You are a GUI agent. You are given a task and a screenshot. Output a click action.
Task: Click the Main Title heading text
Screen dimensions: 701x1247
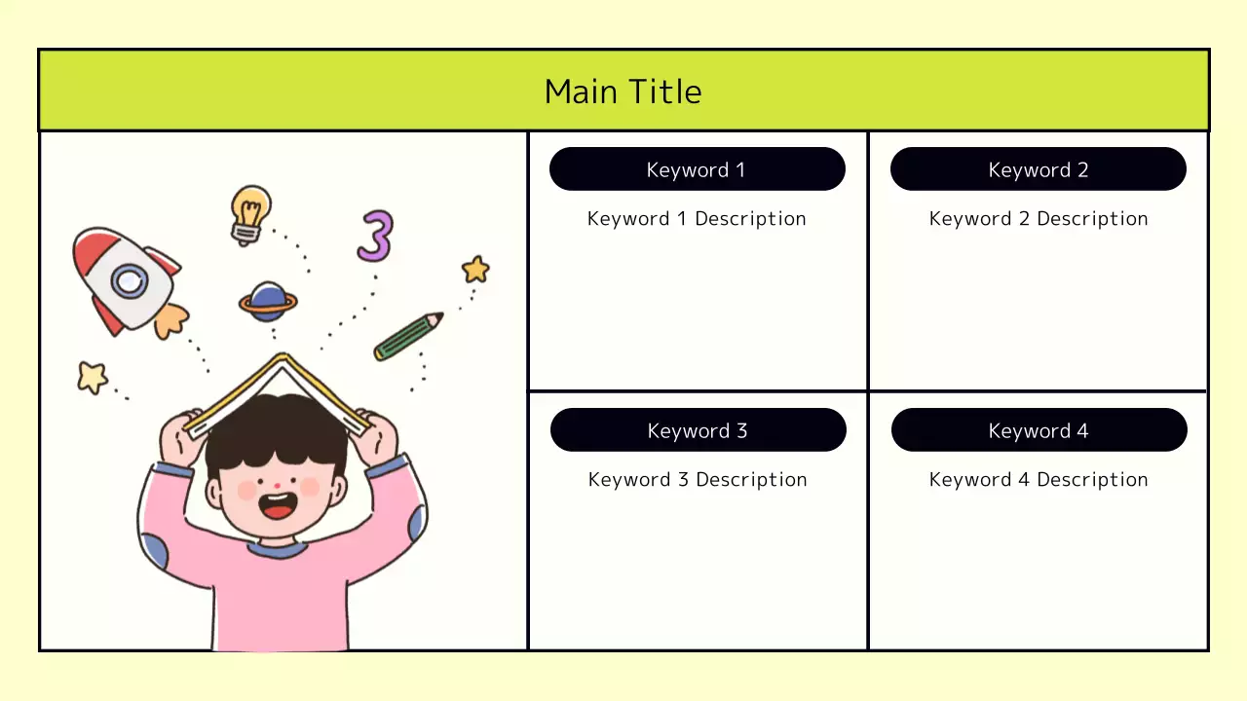[x=623, y=92]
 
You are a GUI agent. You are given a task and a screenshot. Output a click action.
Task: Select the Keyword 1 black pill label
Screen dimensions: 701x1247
[x=697, y=169]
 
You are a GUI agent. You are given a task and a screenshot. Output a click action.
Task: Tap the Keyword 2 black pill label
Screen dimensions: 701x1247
[x=1038, y=169]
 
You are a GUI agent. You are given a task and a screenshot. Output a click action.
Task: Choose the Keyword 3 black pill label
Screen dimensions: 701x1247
[x=698, y=430]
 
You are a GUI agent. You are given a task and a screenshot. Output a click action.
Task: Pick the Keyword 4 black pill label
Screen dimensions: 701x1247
[x=1039, y=430]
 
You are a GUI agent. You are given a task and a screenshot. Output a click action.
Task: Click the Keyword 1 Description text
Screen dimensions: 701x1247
[x=697, y=219]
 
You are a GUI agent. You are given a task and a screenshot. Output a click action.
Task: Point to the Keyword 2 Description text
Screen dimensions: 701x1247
[x=1039, y=219]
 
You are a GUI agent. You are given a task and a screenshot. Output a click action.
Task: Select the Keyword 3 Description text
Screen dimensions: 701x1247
[x=698, y=480]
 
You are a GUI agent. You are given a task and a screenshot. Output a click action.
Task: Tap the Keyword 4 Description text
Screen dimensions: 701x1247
[x=1039, y=480]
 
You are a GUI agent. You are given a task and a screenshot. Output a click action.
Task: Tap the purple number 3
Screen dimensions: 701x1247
[x=375, y=237]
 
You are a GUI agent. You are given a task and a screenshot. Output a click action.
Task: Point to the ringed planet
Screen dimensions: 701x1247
[x=268, y=303]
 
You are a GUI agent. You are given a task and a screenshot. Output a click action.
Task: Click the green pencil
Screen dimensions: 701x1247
[x=407, y=336]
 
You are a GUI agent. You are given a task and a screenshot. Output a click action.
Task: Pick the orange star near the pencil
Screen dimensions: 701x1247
[x=475, y=270]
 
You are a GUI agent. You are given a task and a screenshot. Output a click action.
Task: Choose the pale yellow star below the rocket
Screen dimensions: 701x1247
[x=93, y=377]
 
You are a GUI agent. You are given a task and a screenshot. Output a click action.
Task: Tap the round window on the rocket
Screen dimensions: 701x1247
[x=129, y=282]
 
